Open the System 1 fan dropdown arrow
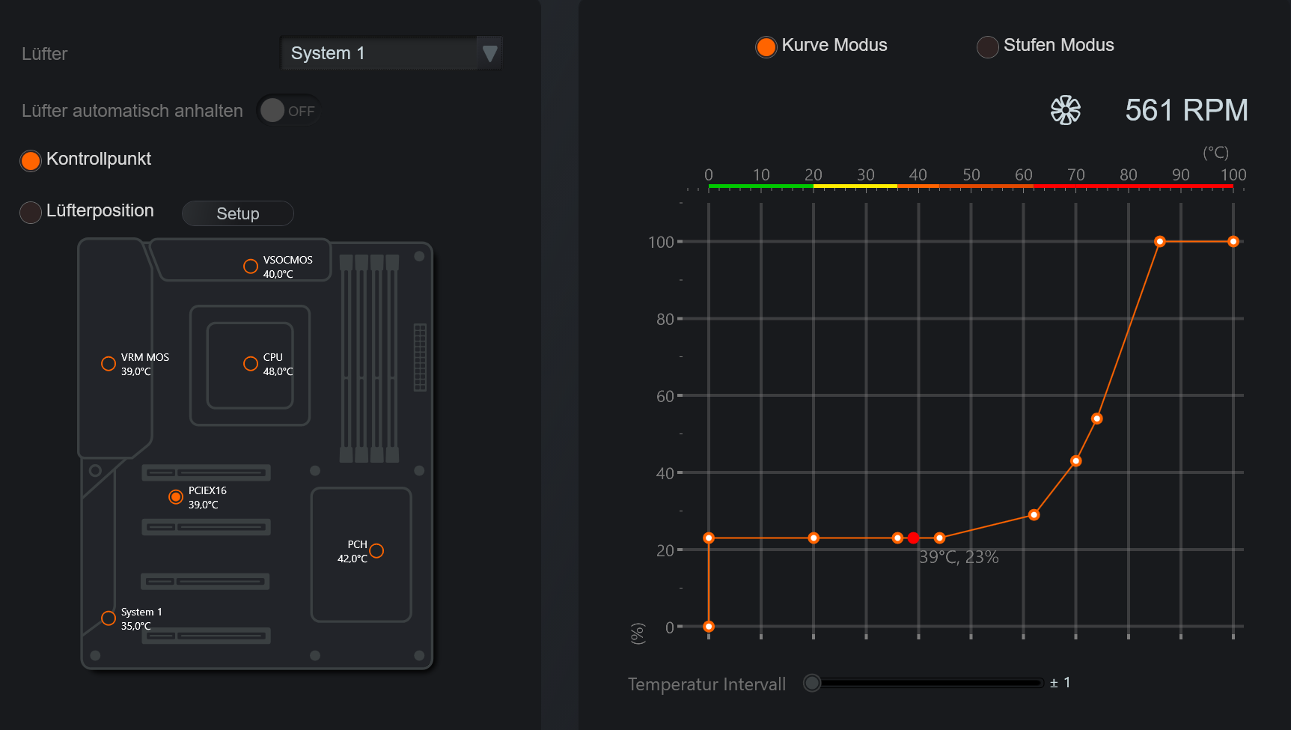[489, 53]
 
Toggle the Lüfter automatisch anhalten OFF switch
[288, 111]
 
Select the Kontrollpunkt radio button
[31, 160]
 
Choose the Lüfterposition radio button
[31, 213]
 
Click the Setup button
[238, 213]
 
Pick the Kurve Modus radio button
[766, 46]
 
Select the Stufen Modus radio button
[988, 46]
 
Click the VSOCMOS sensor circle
[251, 266]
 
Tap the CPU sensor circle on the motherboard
[251, 363]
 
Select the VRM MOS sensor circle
[109, 363]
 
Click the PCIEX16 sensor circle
[176, 496]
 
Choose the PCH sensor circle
[376, 550]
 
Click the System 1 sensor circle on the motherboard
[109, 618]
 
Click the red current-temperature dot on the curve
[913, 538]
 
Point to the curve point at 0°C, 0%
[709, 627]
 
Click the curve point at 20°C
[814, 538]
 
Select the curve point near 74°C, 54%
[1096, 419]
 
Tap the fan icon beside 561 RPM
[1066, 110]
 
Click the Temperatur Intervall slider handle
[812, 683]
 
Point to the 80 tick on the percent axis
[665, 319]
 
